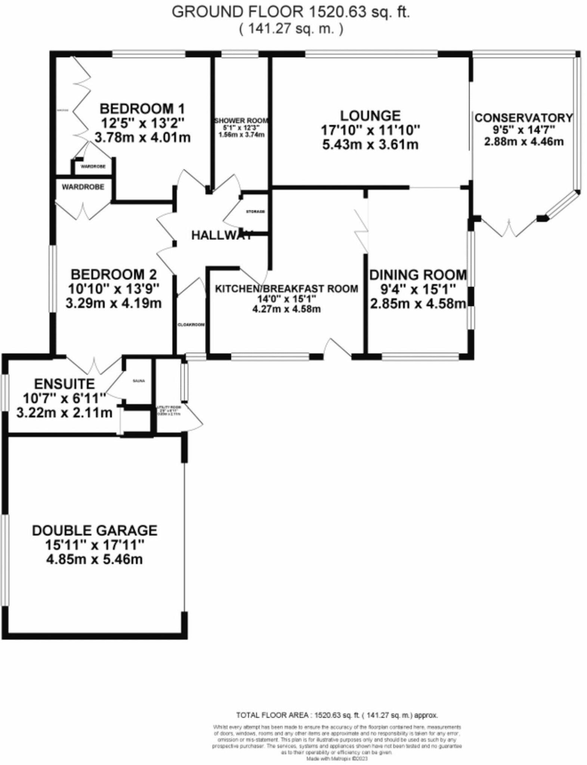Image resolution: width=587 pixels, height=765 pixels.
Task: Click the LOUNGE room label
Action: [370, 115]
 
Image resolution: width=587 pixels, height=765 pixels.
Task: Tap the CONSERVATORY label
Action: [523, 118]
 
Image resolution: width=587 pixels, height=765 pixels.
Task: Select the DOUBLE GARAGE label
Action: [95, 530]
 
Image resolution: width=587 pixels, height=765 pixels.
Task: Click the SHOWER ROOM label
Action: [241, 121]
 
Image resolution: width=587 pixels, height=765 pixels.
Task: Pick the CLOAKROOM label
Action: [191, 325]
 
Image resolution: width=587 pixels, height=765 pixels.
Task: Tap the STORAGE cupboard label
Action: [255, 212]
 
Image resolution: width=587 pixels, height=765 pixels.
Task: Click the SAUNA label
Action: [139, 381]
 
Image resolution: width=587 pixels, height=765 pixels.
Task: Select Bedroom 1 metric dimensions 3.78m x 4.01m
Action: [142, 137]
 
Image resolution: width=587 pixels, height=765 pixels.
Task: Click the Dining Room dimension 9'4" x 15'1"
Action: [418, 289]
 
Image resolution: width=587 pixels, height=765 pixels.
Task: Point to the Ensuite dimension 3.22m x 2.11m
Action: [64, 413]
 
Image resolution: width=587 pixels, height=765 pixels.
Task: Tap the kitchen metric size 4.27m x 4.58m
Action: [287, 309]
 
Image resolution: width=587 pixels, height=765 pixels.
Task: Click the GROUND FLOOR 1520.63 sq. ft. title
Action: [291, 12]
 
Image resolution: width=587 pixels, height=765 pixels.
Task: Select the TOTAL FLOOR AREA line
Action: [337, 715]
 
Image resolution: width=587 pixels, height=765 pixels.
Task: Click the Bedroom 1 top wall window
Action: [149, 55]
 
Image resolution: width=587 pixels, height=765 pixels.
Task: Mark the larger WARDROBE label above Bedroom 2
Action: [83, 187]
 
